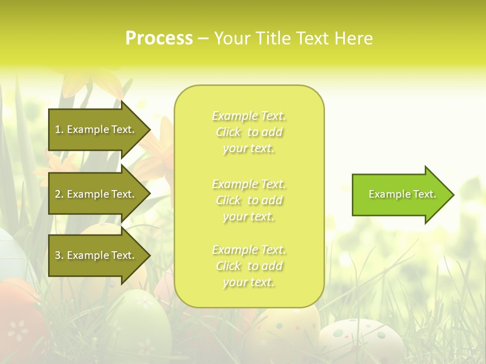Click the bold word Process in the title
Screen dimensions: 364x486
coord(159,38)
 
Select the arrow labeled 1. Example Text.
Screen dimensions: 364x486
coord(96,129)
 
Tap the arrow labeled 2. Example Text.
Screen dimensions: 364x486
coord(96,194)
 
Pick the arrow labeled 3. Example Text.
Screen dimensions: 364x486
coord(96,255)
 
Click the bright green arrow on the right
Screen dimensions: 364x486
coord(400,195)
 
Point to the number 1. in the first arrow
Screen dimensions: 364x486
coord(59,129)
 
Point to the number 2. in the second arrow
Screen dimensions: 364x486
coord(59,194)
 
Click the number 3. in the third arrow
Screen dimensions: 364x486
coord(59,255)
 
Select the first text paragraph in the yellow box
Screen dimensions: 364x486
coord(249,132)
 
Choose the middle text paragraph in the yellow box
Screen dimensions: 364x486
coord(249,200)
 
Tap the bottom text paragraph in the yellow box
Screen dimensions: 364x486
coord(249,266)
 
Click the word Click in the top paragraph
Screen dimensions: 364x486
coord(228,132)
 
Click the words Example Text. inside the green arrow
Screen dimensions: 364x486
coord(402,194)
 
